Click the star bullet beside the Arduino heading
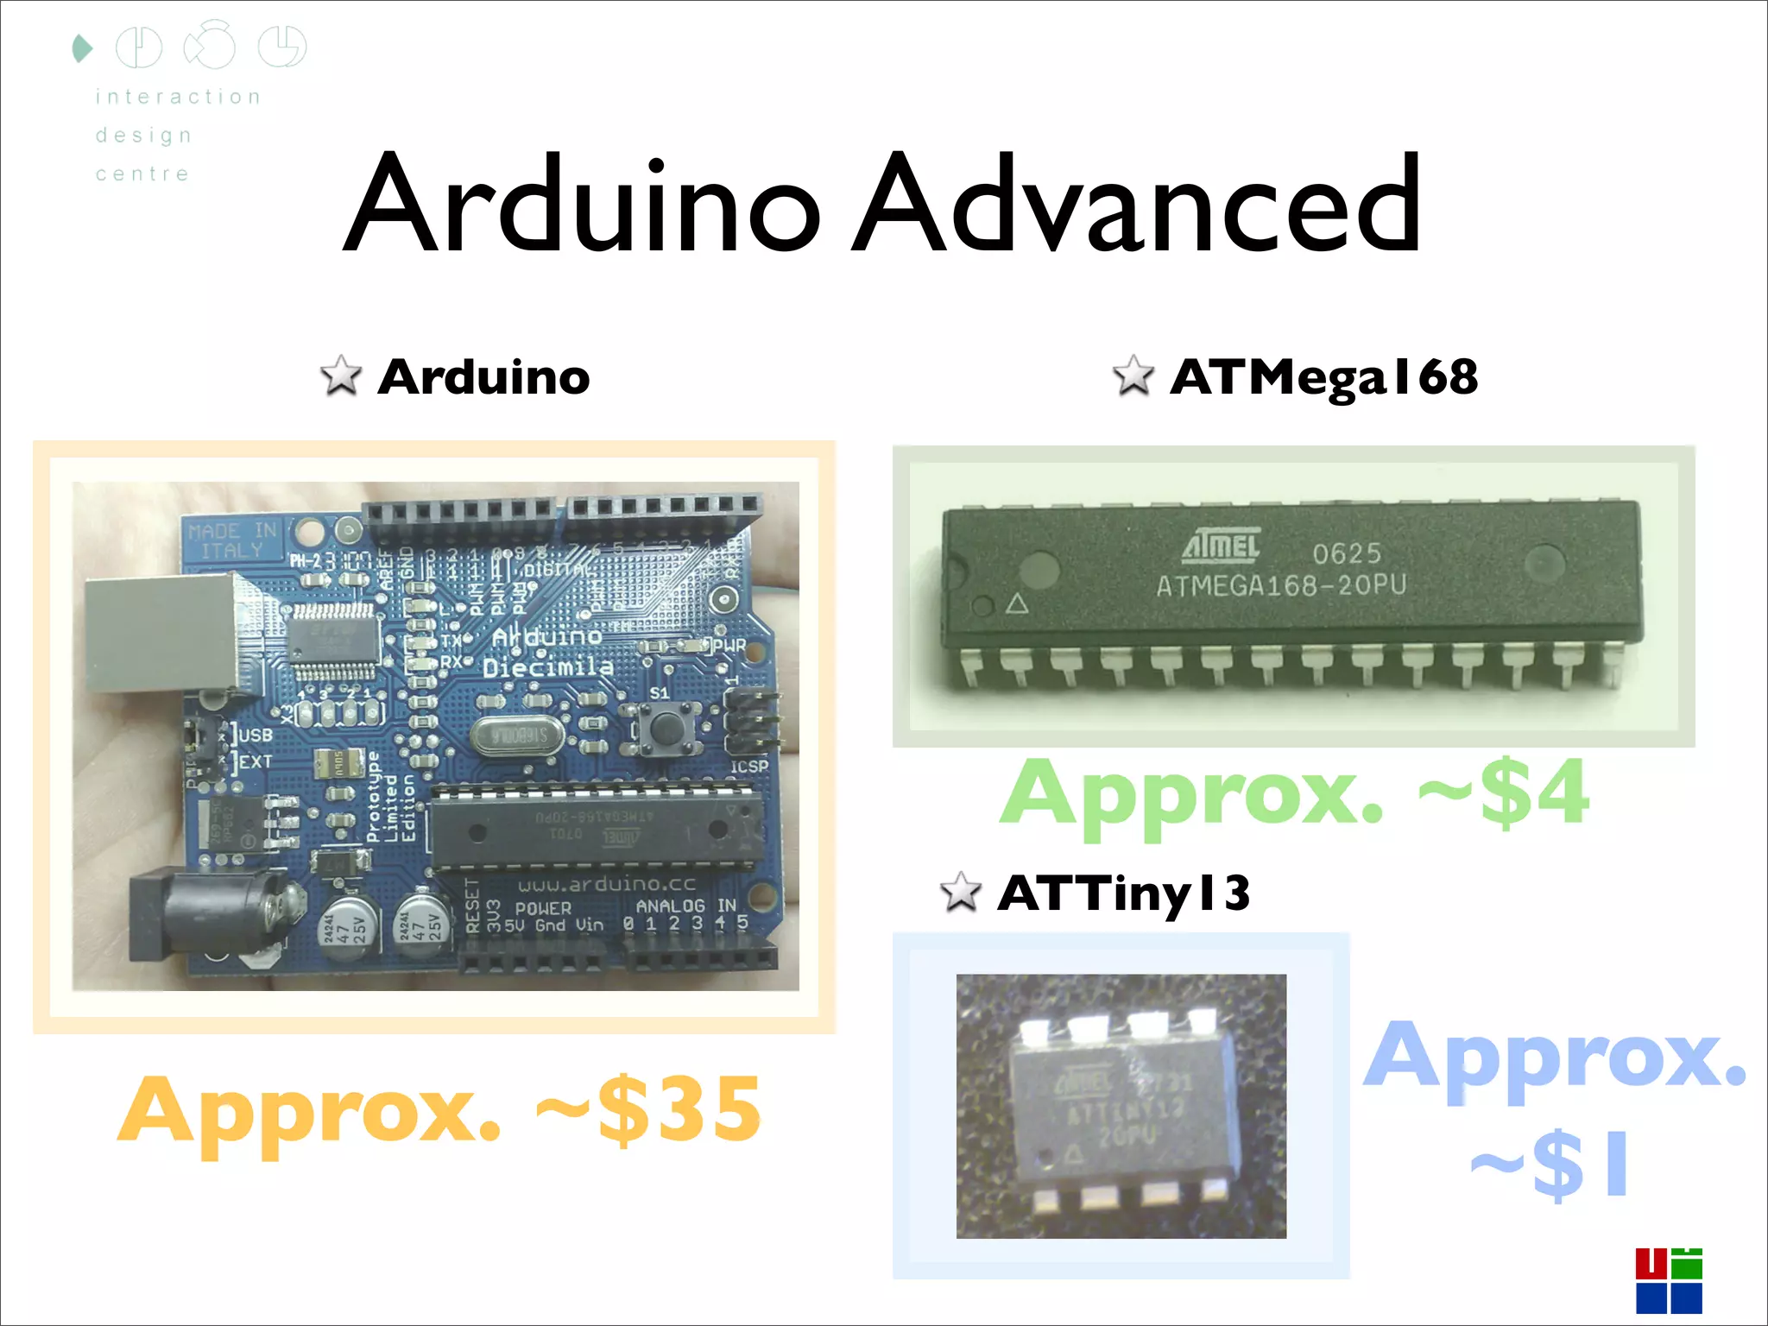[x=340, y=376]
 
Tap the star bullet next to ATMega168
[x=1133, y=376]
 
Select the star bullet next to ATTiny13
[x=960, y=892]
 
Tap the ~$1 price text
[x=1550, y=1164]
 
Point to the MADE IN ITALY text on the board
[x=231, y=540]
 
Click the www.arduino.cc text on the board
[x=606, y=884]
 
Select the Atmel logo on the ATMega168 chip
[x=1221, y=545]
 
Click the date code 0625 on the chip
[x=1347, y=552]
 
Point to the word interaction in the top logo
[x=178, y=97]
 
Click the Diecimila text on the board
[x=547, y=667]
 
